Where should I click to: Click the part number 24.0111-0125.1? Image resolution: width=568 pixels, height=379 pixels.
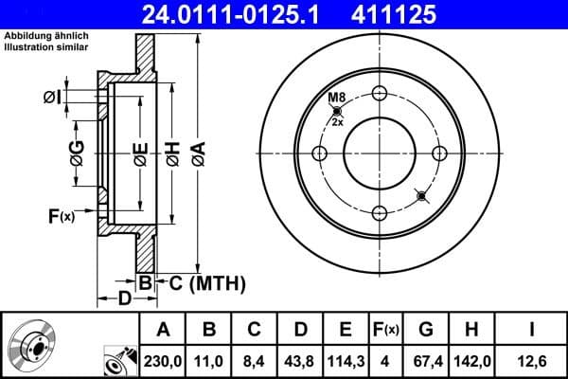click(240, 14)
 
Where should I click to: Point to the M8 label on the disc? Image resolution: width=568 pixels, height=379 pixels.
click(336, 99)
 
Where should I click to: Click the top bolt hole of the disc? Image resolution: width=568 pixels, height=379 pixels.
click(381, 93)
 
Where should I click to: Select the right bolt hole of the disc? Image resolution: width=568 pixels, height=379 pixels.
click(439, 153)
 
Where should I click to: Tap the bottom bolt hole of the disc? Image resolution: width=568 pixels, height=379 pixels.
click(381, 213)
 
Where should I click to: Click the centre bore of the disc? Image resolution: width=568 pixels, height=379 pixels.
click(381, 153)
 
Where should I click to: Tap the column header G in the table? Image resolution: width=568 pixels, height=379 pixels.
click(427, 329)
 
